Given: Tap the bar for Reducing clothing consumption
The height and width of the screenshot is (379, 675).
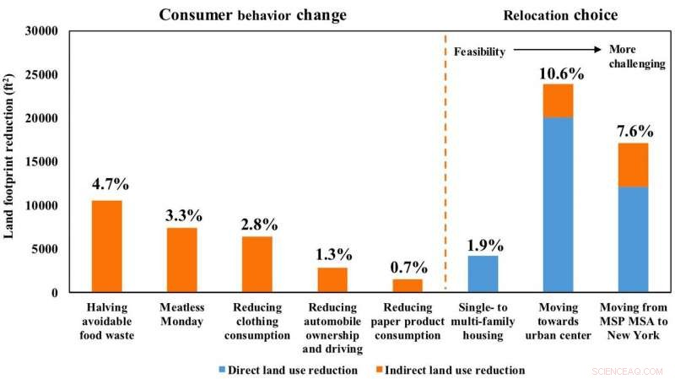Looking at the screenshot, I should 257,264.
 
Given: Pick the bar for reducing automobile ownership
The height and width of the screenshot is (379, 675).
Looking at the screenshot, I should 332,280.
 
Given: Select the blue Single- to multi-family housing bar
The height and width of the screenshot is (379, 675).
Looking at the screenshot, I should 483,273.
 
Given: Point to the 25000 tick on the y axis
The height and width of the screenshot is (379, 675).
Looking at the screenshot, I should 40,75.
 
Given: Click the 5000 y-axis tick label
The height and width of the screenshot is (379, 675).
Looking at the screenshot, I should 44,249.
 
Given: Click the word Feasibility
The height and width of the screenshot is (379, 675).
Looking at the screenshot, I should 479,51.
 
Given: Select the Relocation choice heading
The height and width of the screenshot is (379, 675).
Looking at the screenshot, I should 560,15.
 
